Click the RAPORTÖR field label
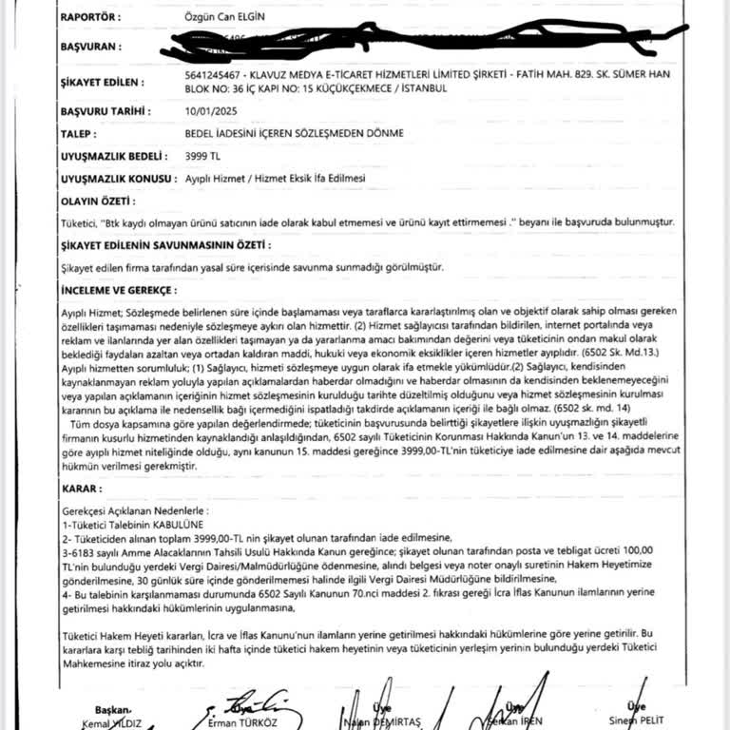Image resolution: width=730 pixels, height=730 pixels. [x=90, y=18]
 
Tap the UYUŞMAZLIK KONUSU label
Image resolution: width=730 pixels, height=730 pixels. [x=117, y=179]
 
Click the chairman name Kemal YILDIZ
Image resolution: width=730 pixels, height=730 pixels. [x=111, y=722]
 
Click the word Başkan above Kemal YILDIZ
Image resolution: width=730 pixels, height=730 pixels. [x=110, y=709]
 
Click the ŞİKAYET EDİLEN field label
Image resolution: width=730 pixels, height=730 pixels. [x=105, y=74]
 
